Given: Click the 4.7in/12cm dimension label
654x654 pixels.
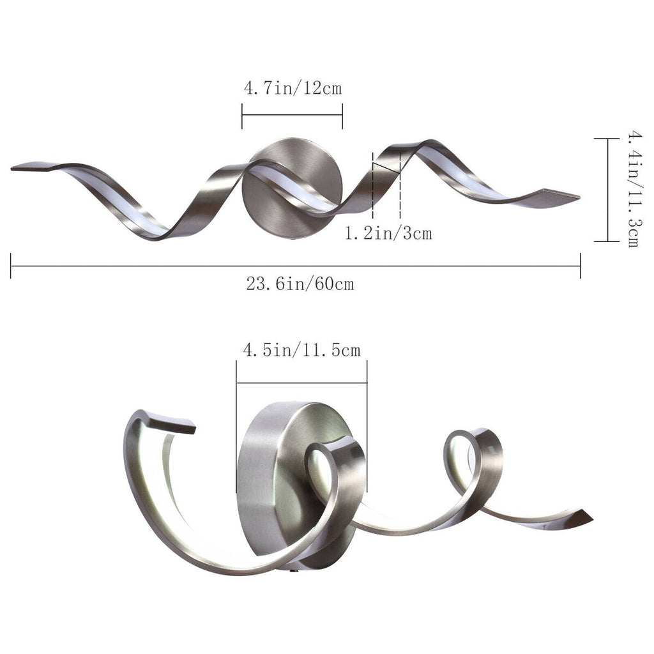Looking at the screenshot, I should click(292, 87).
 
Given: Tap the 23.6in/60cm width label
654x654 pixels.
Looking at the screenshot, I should click(300, 284).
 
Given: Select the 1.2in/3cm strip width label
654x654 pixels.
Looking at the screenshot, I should click(388, 234).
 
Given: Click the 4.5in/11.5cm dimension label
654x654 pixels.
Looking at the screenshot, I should click(301, 350).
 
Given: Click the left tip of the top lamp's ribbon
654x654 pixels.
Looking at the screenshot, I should click(19, 169).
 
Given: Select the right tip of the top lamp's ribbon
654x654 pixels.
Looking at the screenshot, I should click(572, 197).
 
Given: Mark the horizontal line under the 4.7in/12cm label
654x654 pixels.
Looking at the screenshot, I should click(292, 116).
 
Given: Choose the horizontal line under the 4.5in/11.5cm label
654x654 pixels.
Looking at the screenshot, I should click(301, 383).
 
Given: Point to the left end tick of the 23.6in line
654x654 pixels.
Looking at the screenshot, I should click(11, 266).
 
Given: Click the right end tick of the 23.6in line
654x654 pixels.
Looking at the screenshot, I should click(580, 266).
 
